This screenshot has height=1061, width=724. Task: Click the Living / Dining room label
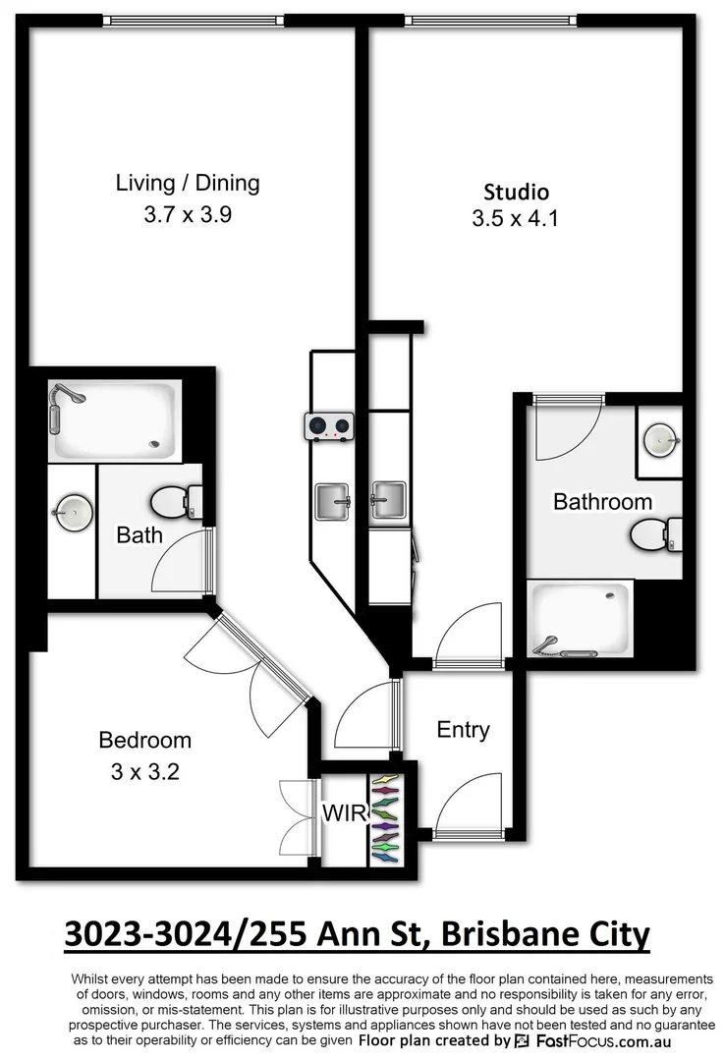click(x=188, y=183)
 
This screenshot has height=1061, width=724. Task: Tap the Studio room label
click(x=516, y=192)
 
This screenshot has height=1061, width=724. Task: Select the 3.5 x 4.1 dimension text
click(x=515, y=219)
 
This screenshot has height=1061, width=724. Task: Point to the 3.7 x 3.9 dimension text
click(x=188, y=214)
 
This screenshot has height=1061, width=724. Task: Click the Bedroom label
click(x=145, y=740)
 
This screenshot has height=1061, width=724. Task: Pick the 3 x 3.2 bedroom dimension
click(x=145, y=772)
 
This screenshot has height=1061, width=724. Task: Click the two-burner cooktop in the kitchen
click(x=328, y=426)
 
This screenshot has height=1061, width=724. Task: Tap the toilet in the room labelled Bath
click(x=173, y=503)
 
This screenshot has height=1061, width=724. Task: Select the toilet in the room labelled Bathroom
click(x=651, y=535)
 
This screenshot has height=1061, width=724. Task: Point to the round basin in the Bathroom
click(x=659, y=439)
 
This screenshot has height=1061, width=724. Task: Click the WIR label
click(x=344, y=814)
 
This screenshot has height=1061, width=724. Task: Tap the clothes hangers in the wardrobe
click(x=387, y=818)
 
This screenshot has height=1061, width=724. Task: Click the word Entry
click(x=463, y=730)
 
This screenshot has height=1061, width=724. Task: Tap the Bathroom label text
click(x=602, y=502)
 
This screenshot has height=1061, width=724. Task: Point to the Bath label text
click(x=139, y=535)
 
